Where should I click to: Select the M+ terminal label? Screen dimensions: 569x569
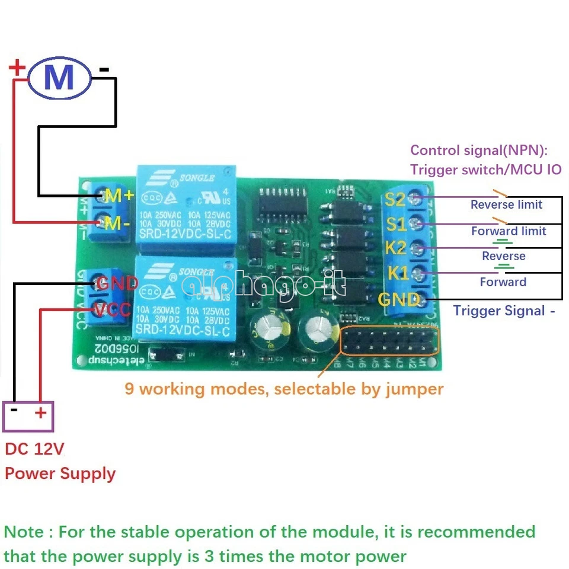click(119, 195)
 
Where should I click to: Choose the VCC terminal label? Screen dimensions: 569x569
click(117, 309)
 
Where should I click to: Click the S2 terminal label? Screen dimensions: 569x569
click(395, 199)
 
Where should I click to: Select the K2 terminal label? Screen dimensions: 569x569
click(396, 248)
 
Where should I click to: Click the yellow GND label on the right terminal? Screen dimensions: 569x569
click(399, 300)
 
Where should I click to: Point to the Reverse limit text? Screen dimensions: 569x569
click(506, 204)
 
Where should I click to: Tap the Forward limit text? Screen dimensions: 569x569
click(509, 231)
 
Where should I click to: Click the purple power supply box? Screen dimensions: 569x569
click(28, 416)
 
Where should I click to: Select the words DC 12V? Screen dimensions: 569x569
click(34, 449)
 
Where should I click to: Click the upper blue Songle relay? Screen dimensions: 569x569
click(186, 210)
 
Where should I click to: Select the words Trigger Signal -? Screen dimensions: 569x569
click(504, 311)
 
